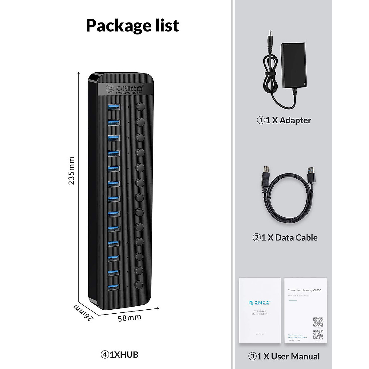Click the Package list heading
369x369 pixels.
tap(132, 26)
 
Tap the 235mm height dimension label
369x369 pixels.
tap(71, 171)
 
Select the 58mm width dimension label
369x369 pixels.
tap(129, 318)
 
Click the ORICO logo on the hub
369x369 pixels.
tap(124, 89)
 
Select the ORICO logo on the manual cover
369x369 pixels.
tap(260, 303)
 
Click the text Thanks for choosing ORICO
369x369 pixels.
tap(305, 290)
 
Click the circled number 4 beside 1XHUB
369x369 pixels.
tap(105, 355)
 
